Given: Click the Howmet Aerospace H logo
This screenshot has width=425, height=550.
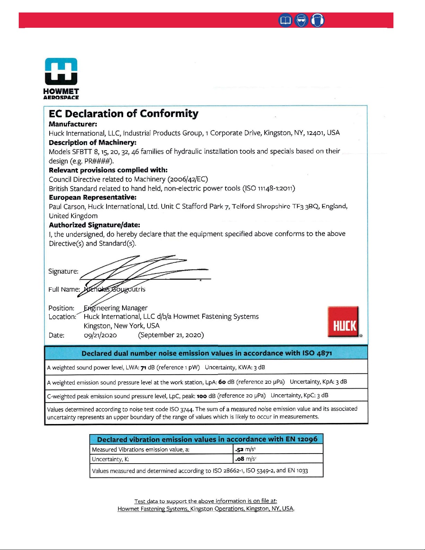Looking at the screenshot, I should [x=61, y=71].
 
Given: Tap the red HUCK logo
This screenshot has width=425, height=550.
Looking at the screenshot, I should [x=343, y=322].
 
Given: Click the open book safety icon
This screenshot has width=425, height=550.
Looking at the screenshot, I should [x=285, y=20].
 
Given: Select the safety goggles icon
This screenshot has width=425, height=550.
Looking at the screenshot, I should [x=301, y=20].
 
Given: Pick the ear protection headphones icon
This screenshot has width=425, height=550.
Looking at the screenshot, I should [x=317, y=20].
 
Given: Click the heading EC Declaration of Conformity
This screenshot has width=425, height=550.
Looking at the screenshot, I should [x=124, y=114].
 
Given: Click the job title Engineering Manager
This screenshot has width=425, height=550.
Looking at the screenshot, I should [x=116, y=308].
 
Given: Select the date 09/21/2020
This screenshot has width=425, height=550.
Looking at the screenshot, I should [x=100, y=335].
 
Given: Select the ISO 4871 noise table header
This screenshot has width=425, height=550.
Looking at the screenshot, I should [x=207, y=353].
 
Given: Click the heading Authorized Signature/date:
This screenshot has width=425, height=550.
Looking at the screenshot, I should [x=94, y=225].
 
